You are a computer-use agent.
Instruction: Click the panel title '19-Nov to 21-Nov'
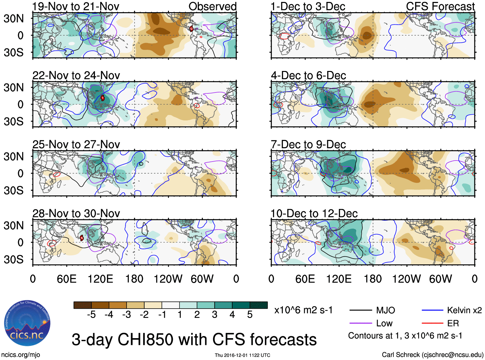[x=76, y=6]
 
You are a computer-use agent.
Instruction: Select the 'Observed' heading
[x=212, y=6]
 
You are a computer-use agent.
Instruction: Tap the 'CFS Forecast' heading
[x=440, y=6]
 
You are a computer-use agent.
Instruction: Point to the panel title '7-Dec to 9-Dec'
[x=308, y=145]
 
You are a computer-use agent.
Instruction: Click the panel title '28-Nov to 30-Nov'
[x=76, y=214]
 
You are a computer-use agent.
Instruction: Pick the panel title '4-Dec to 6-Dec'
[x=308, y=75]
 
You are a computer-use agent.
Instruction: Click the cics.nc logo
[x=27, y=323]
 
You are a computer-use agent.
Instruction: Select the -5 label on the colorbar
[x=91, y=315]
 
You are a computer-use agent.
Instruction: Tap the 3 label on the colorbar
[x=215, y=315]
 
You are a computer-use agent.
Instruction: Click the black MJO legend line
[x=360, y=310]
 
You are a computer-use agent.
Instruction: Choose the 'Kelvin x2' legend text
[x=464, y=310]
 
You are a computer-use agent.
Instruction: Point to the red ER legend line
[x=432, y=323]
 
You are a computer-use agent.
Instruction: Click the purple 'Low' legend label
[x=384, y=323]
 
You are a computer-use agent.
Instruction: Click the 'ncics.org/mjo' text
[x=21, y=355]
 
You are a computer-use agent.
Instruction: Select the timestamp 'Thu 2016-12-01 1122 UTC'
[x=242, y=355]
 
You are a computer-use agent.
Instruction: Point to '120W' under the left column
[x=168, y=279]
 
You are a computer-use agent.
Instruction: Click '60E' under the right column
[x=305, y=279]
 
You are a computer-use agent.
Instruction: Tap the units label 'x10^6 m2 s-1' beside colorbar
[x=303, y=310]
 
